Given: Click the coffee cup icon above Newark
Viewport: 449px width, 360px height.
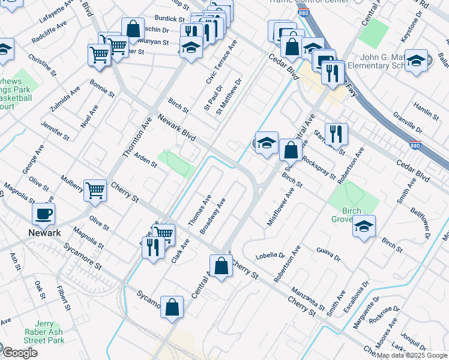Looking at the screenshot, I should pyautogui.click(x=43, y=214).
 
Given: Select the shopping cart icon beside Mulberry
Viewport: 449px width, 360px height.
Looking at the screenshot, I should pyautogui.click(x=95, y=191).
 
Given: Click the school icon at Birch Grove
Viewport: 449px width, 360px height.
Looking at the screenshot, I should pyautogui.click(x=364, y=226).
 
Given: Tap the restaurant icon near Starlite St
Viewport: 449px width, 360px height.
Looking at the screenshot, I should pyautogui.click(x=336, y=134).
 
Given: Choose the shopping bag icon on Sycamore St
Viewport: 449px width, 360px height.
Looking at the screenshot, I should pyautogui.click(x=172, y=307).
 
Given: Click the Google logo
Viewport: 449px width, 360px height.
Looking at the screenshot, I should pyautogui.click(x=20, y=353).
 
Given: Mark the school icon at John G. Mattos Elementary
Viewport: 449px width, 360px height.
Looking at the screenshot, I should pyautogui.click(x=416, y=61).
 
